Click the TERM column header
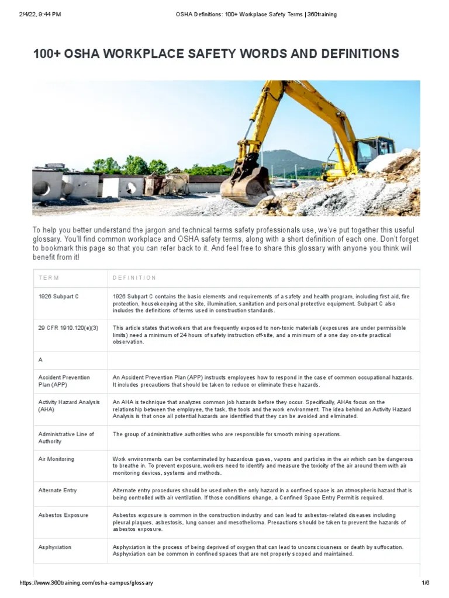[49, 278]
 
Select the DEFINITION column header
[134, 278]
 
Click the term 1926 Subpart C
[58, 297]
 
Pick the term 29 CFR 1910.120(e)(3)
[68, 328]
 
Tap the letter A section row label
[40, 360]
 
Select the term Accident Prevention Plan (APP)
[64, 381]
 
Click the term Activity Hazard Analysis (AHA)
[69, 406]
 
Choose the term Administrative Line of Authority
[66, 437]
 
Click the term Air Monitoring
[56, 459]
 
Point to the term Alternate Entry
[57, 491]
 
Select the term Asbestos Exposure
[63, 516]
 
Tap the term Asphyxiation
[55, 547]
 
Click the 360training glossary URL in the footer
[87, 583]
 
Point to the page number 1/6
[425, 583]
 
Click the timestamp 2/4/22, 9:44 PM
[40, 15]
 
